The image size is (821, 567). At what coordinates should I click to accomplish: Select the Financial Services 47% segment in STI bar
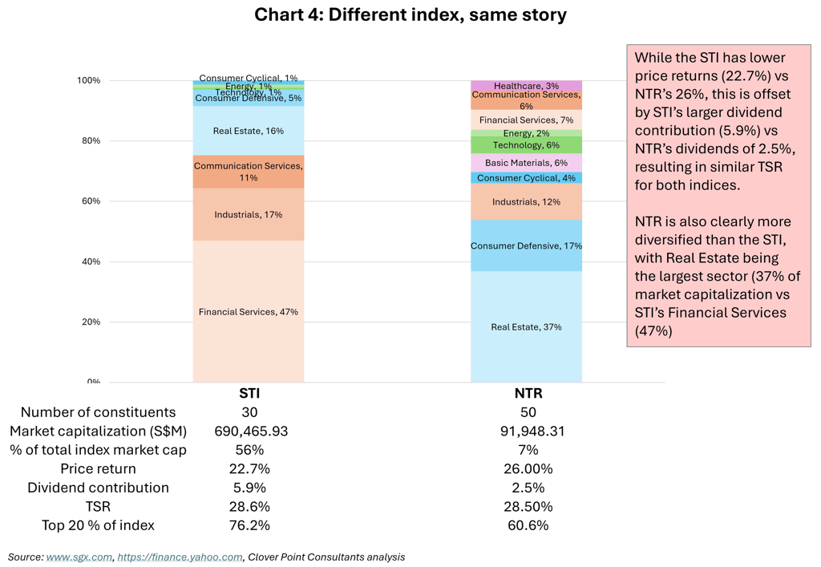pos(249,311)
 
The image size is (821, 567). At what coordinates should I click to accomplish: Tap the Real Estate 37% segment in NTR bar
pos(526,326)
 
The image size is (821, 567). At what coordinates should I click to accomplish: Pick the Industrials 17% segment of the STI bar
pos(249,214)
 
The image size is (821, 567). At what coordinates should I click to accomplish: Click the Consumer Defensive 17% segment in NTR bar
pos(526,245)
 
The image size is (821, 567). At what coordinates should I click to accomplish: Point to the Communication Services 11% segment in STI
pos(249,172)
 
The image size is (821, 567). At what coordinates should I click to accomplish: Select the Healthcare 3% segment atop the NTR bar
pos(526,85)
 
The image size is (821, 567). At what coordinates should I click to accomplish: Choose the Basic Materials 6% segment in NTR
pos(526,163)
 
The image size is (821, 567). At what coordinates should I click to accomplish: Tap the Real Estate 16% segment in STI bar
pos(249,131)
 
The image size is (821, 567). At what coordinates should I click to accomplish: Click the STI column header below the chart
pos(249,394)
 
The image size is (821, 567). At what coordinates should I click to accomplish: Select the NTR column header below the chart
pos(526,394)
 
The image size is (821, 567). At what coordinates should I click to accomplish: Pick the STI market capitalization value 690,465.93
pos(249,431)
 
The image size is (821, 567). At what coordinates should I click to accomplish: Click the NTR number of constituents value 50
pos(526,412)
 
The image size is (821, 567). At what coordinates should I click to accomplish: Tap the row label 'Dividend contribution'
pos(98,488)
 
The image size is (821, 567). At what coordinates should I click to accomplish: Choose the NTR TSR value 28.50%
pos(526,507)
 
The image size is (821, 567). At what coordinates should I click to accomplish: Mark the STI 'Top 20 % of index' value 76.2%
pos(249,525)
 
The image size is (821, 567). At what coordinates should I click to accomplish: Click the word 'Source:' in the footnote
pos(25,557)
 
